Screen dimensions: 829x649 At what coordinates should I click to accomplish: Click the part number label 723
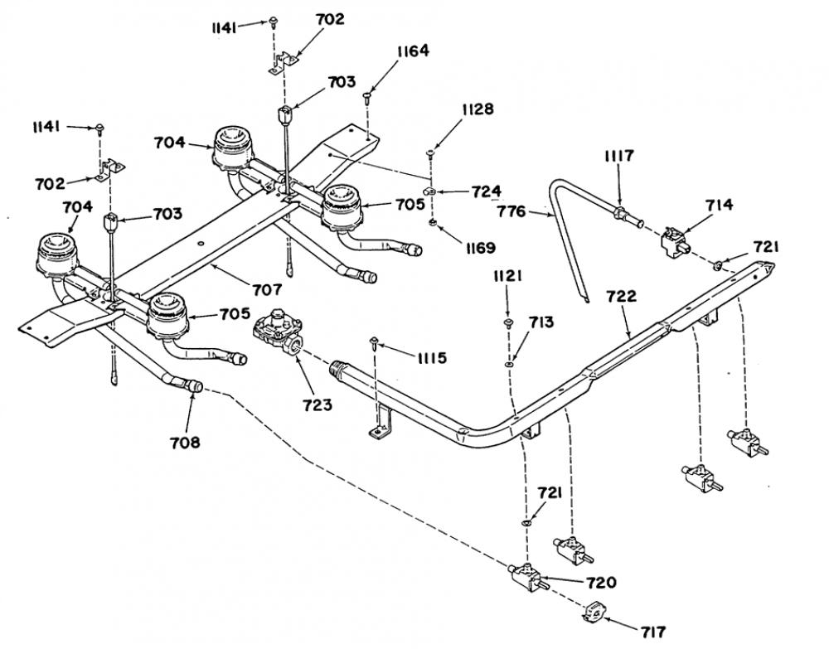tap(318, 404)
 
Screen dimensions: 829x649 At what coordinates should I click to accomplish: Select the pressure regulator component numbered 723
tap(278, 332)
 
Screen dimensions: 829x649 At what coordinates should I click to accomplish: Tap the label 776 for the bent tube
tap(511, 211)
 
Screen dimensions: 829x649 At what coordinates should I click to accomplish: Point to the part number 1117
tap(619, 156)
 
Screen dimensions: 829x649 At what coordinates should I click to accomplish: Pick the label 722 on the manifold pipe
tap(622, 296)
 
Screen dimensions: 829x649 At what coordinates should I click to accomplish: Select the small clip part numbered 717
tap(595, 613)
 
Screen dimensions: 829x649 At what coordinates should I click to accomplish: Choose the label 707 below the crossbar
tap(266, 289)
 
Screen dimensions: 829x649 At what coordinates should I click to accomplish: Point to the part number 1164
tap(414, 51)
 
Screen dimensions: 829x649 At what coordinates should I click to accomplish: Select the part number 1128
tap(478, 109)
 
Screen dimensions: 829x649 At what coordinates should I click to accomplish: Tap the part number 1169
tap(480, 247)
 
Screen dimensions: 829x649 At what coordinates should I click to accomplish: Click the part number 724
tap(487, 191)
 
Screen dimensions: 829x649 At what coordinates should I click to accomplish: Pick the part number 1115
tap(432, 358)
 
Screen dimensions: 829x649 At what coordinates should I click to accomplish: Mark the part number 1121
tap(508, 276)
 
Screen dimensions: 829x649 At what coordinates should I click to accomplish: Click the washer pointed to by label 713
tap(510, 362)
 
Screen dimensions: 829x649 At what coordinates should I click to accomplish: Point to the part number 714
tap(720, 205)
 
